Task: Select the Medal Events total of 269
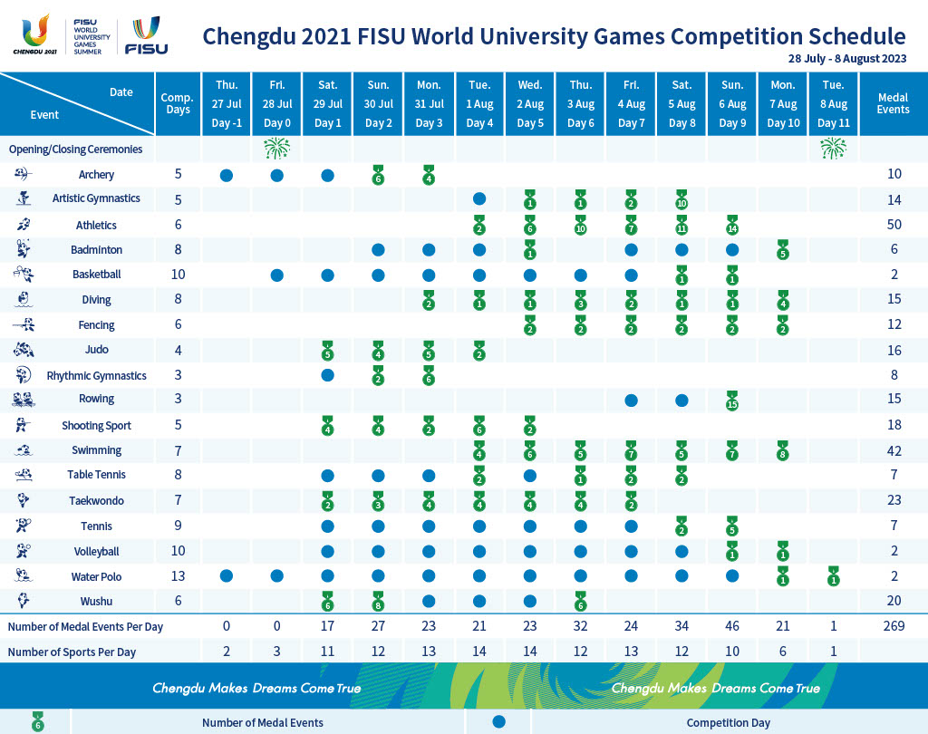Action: click(x=893, y=626)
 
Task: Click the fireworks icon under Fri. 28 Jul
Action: click(x=277, y=149)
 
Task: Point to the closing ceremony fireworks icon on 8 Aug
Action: click(x=833, y=149)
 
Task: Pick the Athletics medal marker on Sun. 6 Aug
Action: click(x=732, y=227)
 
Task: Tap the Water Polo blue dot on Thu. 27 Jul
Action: click(x=227, y=576)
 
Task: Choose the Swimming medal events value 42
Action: click(x=893, y=450)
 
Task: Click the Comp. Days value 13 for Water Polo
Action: click(x=179, y=576)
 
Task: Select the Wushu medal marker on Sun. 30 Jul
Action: click(x=378, y=601)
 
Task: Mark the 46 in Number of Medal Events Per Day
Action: click(x=732, y=626)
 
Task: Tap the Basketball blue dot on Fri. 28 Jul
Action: click(x=277, y=275)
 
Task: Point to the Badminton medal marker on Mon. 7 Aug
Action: click(x=783, y=251)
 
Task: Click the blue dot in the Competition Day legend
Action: click(x=498, y=721)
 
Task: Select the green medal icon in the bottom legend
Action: click(x=36, y=722)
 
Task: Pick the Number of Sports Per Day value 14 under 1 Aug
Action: click(x=479, y=652)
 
